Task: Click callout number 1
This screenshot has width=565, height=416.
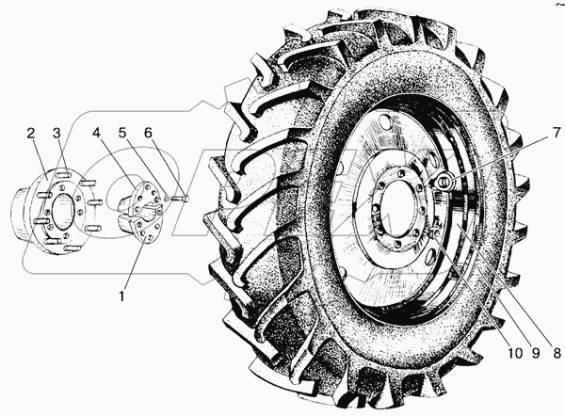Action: [x=122, y=296]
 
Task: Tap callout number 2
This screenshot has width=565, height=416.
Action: [x=31, y=134]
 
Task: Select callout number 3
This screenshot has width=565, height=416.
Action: [x=56, y=134]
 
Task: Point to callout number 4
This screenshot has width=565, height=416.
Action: [x=96, y=134]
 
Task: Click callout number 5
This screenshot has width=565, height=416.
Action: [x=122, y=134]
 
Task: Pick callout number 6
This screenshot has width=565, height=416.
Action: [x=148, y=134]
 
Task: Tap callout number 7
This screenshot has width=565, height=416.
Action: [x=556, y=133]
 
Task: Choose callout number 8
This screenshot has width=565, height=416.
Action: [x=557, y=353]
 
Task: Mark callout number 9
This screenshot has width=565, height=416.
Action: [x=536, y=353]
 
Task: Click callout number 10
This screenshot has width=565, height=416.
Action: [x=515, y=353]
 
